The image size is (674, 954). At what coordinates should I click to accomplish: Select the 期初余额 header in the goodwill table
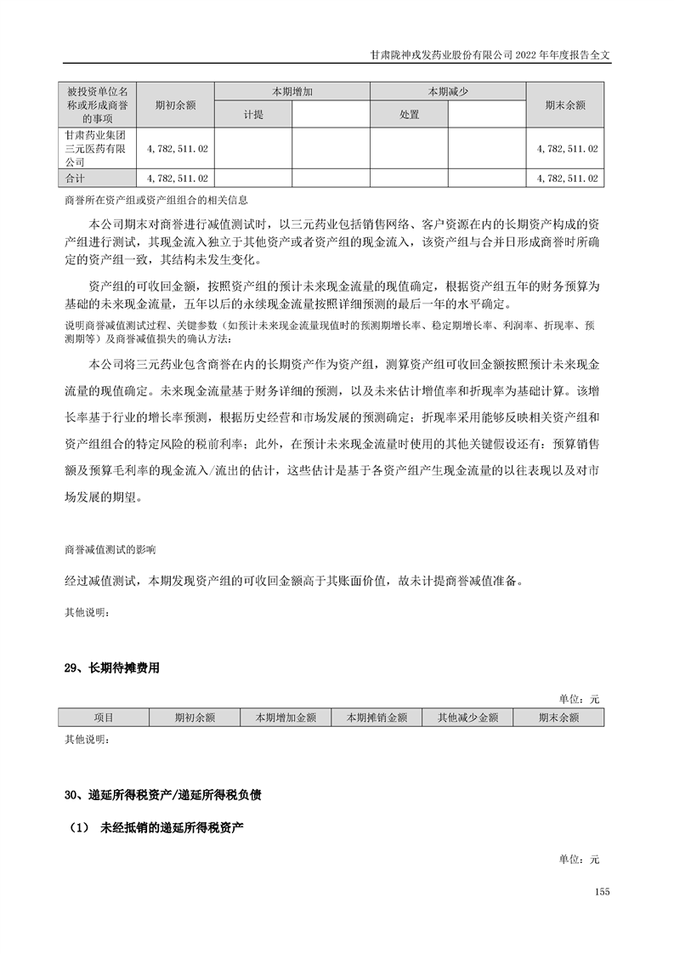tap(175, 105)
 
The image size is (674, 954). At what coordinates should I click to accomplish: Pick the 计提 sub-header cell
tap(252, 114)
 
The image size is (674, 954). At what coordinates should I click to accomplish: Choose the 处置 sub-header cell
tap(409, 114)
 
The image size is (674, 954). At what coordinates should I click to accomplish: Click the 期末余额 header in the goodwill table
tap(565, 105)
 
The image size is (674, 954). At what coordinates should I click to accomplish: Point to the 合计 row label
tap(76, 179)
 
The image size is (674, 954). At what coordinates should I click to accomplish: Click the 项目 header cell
tap(104, 718)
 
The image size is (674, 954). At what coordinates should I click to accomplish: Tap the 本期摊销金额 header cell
tap(377, 718)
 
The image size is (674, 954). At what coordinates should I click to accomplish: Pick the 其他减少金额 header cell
tap(467, 718)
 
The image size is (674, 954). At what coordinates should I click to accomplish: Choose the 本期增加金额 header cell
tap(286, 718)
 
